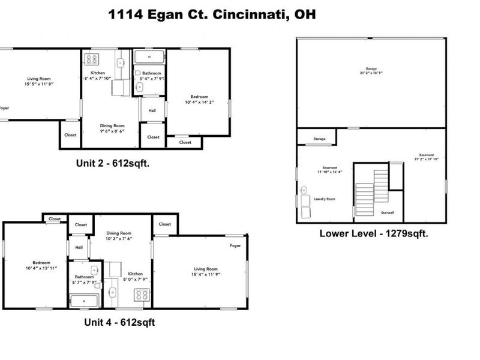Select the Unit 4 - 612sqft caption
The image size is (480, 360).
119,322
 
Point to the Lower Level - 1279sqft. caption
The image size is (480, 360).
373,233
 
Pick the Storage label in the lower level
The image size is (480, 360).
320,139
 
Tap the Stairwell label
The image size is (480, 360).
387,212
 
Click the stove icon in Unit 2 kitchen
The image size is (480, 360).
92,59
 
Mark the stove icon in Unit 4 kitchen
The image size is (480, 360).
142,295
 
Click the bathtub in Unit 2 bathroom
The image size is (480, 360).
149,58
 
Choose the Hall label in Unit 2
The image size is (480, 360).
152,110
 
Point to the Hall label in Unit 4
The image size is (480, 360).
79,247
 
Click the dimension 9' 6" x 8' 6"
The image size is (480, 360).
112,131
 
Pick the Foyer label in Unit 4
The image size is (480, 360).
235,246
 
